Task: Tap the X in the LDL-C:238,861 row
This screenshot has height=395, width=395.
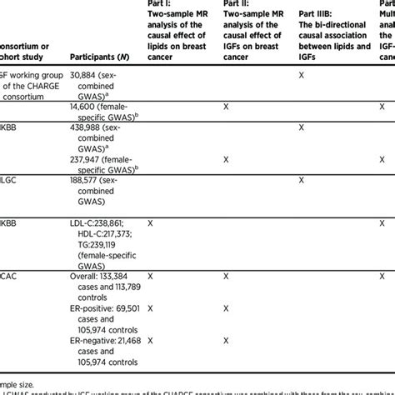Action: click(x=150, y=224)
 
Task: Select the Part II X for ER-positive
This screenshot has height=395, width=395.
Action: click(x=225, y=307)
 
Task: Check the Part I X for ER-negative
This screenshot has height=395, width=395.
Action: click(x=150, y=341)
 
